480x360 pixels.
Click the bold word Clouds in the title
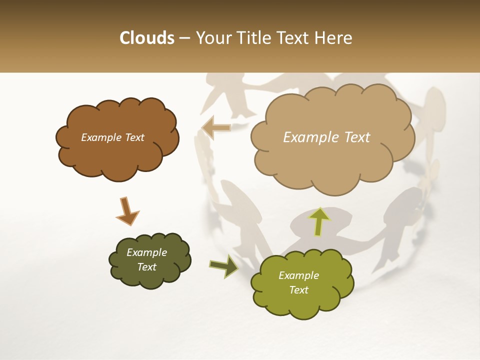pos(146,38)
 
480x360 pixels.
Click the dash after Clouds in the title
pos(184,38)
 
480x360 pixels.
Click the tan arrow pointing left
pos(216,128)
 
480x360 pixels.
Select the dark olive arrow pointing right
pos(224,266)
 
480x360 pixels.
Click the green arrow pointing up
pos(319,221)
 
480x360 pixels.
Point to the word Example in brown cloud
pos(101,137)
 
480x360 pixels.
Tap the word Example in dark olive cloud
pos(146,252)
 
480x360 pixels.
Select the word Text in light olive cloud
pos(298,290)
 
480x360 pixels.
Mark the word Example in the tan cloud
pos(311,137)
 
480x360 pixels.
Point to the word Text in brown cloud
pos(134,137)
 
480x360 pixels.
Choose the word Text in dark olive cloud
pos(146,267)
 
